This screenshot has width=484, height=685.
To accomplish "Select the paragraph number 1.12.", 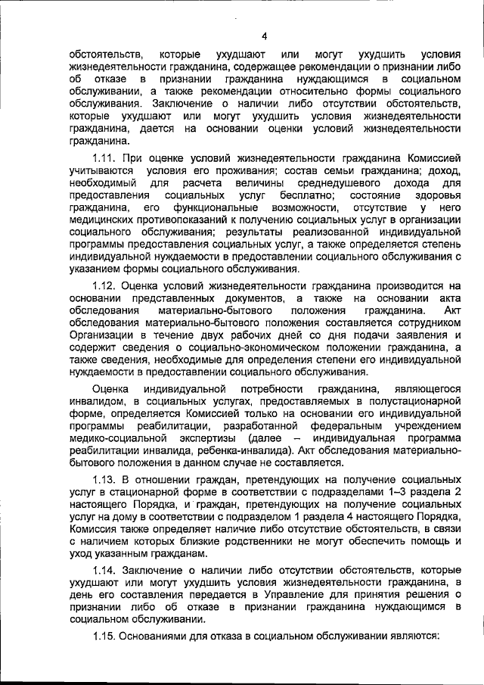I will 105,285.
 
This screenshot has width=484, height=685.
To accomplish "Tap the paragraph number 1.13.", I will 105,480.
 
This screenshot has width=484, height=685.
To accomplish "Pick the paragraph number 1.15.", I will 105,636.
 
